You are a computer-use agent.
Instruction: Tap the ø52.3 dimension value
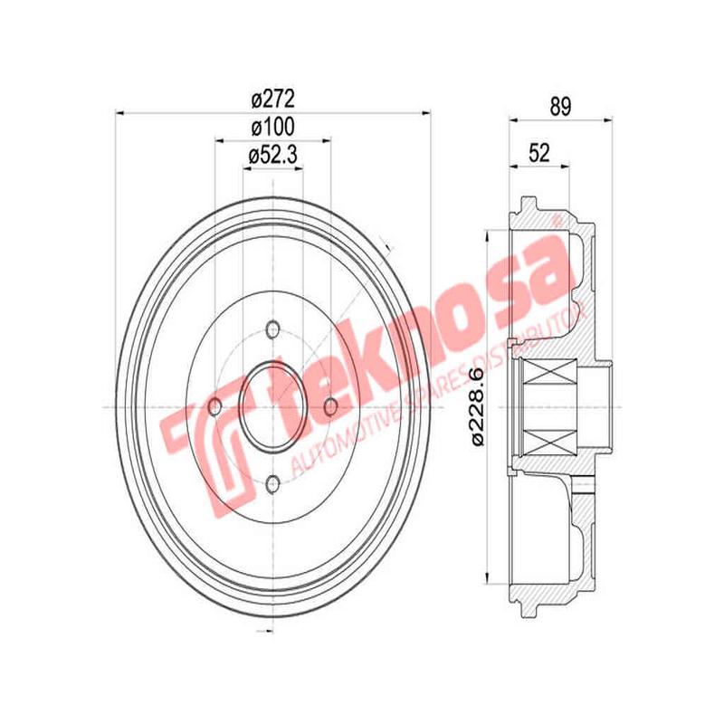272,157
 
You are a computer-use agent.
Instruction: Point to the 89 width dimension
560,105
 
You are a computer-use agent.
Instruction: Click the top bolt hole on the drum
272,331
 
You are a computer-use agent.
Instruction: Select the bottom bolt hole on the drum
272,486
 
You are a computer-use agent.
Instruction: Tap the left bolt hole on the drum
214,408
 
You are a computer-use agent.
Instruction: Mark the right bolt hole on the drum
331,408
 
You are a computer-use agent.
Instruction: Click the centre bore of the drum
272,408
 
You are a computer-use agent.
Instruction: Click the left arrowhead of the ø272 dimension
120,113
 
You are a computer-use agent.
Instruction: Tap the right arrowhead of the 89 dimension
608,119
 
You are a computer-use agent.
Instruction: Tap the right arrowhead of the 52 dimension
567,166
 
